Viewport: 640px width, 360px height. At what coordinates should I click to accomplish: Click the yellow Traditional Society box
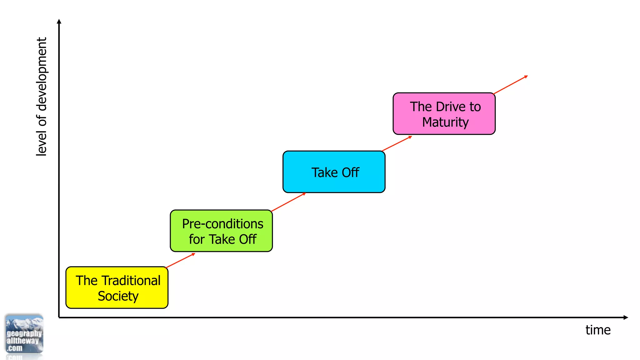[x=117, y=287]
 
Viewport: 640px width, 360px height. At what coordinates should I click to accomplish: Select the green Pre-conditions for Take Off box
[x=221, y=231]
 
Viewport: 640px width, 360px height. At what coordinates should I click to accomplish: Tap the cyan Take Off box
[x=334, y=172]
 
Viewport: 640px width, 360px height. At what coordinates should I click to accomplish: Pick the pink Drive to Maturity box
[x=444, y=114]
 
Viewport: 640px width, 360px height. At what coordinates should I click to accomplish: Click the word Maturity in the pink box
[x=445, y=122]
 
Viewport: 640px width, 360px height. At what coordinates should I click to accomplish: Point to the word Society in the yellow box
[x=118, y=296]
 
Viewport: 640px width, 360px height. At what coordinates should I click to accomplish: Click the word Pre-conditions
[x=222, y=224]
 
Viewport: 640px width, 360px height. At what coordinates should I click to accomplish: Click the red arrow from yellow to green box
[x=180, y=260]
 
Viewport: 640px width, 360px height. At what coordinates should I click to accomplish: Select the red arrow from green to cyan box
[x=288, y=202]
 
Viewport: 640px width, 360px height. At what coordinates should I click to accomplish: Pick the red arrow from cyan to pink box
[x=397, y=144]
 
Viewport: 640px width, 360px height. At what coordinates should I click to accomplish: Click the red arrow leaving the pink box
[x=510, y=85]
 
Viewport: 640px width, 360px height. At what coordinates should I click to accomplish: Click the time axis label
[x=598, y=330]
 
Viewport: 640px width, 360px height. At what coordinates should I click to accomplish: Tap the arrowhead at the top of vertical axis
[x=59, y=21]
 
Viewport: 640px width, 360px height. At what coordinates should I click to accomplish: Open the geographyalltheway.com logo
[x=24, y=334]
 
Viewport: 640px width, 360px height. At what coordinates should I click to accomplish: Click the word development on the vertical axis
[x=41, y=74]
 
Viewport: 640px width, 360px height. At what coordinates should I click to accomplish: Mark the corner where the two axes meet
[x=59, y=317]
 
